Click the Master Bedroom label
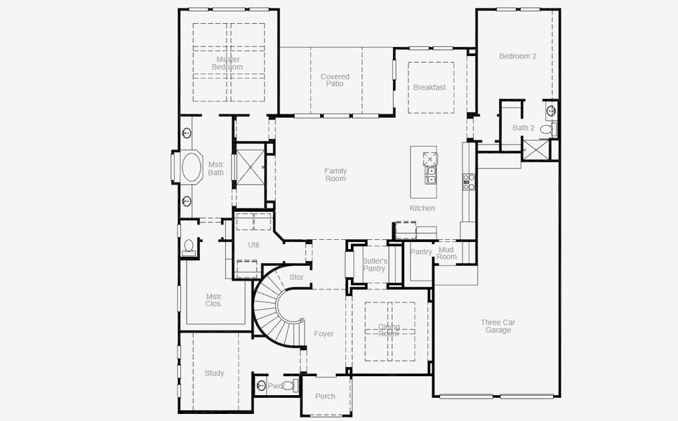coord(227,63)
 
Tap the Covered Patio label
coord(335,80)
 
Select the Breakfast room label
coord(429,88)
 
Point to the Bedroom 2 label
coord(517,56)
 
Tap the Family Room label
coord(335,175)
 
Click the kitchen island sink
coord(430,173)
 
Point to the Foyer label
coord(324,334)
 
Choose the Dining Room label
coord(389,330)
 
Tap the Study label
coord(214,373)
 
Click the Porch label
coord(325,396)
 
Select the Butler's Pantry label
coord(374,265)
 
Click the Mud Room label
coord(446,253)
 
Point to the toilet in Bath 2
coord(546,129)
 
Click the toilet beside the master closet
coord(188,246)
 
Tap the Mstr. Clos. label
coord(214,300)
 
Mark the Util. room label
coord(253,245)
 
